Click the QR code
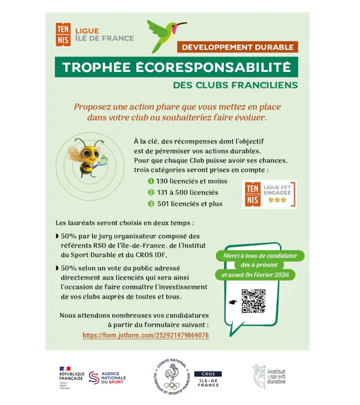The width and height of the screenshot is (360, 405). (253, 301)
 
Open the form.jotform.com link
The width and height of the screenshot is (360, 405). (146, 335)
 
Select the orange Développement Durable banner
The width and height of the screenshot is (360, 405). (237, 47)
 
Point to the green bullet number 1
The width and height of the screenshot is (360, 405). (151, 181)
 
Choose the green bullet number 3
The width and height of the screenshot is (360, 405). (151, 204)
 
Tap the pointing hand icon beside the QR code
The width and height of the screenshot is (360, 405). (232, 302)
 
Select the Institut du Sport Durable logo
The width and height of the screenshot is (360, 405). (269, 375)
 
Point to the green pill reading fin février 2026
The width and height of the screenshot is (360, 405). (259, 274)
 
